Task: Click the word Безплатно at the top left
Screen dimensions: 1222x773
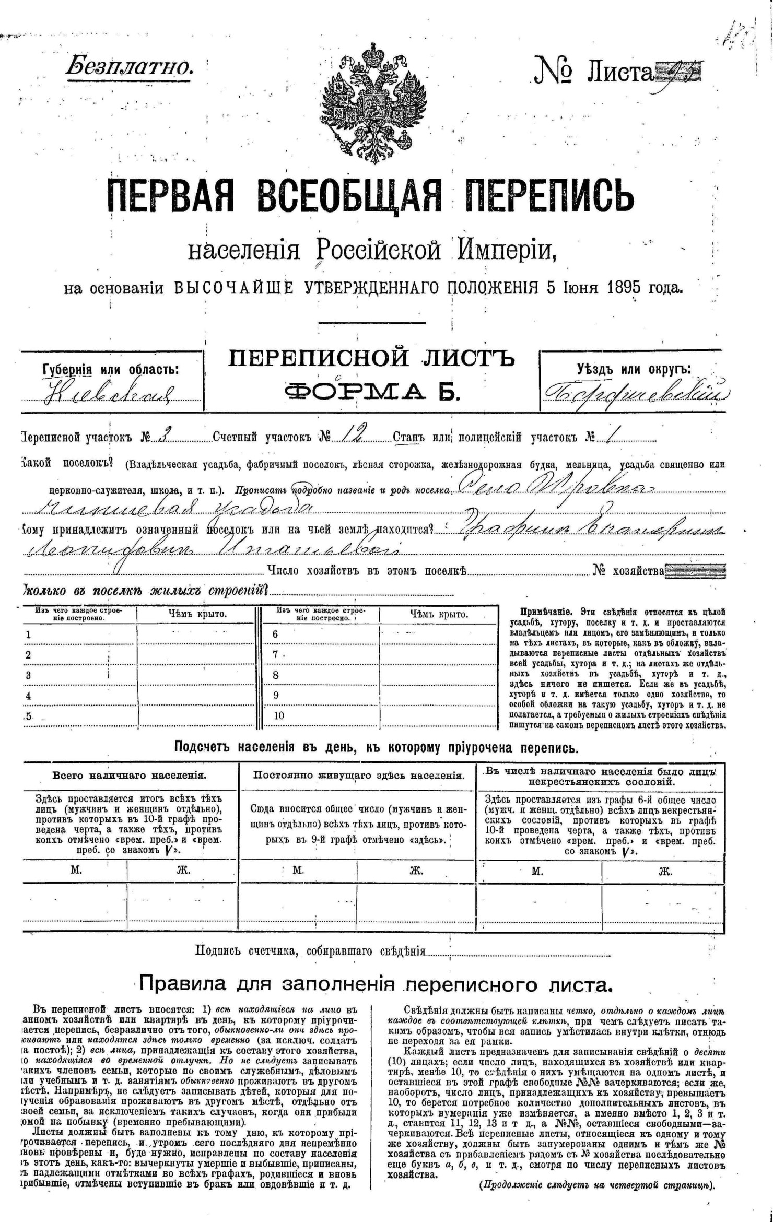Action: click(128, 66)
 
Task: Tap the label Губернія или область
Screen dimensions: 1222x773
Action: click(110, 370)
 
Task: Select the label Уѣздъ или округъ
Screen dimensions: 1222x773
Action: click(634, 369)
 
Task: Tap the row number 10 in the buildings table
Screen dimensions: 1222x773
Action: click(279, 715)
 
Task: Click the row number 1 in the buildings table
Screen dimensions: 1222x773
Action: click(28, 635)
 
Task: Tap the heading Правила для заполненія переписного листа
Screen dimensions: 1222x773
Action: click(375, 985)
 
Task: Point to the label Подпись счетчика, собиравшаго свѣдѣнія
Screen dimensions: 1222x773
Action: click(310, 950)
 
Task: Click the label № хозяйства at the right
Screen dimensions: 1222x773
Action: click(628, 571)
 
